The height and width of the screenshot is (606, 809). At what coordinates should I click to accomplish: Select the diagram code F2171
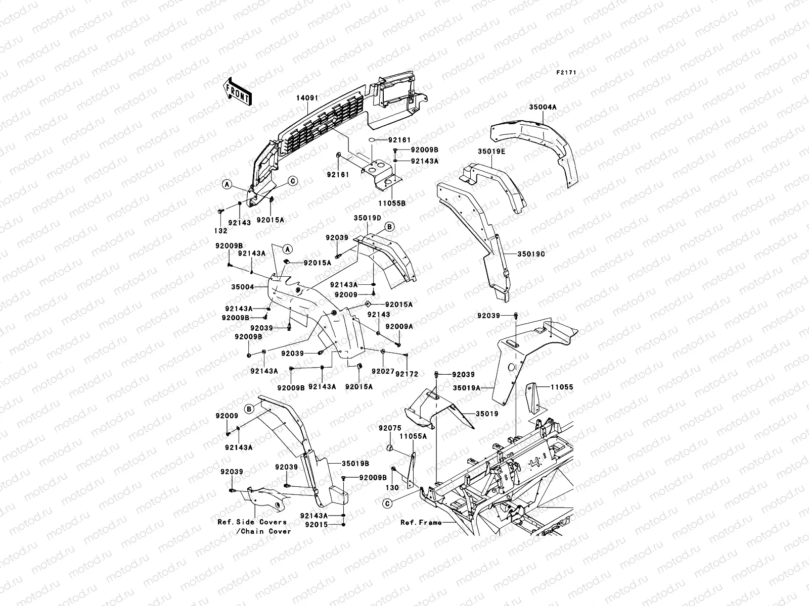[566, 73]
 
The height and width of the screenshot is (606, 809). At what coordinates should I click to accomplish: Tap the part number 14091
[307, 98]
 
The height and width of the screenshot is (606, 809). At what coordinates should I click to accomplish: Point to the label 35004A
[543, 107]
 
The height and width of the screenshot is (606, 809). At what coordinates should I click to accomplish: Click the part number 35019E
[491, 151]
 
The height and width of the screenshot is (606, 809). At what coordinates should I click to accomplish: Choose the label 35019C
[531, 254]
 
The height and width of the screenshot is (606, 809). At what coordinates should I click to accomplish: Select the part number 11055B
[392, 203]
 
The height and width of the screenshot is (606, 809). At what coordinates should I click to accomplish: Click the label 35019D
[368, 218]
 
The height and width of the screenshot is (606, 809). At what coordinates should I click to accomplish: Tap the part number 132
[221, 231]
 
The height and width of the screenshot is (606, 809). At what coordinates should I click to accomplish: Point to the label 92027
[383, 371]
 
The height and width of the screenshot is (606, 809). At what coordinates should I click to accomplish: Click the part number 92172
[407, 374]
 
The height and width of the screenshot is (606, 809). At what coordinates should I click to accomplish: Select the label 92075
[390, 428]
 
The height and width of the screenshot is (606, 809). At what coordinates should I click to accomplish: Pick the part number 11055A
[413, 436]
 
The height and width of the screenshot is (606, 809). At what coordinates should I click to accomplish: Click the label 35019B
[355, 464]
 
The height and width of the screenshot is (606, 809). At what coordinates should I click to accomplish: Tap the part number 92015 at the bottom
[316, 524]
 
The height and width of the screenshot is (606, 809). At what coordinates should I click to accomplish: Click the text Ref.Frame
[421, 523]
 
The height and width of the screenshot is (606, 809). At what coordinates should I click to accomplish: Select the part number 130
[392, 487]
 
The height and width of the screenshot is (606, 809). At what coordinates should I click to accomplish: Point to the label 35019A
[467, 388]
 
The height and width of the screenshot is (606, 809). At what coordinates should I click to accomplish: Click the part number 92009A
[399, 326]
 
